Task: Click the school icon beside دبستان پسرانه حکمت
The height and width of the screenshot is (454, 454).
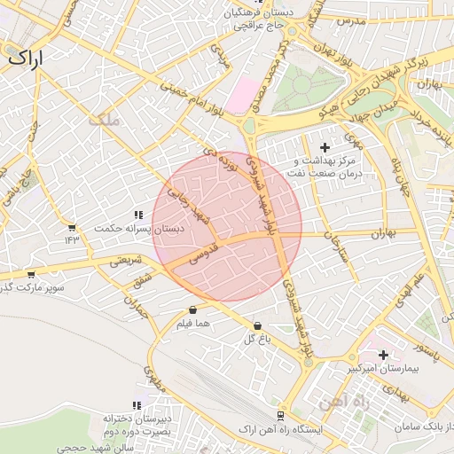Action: [138, 215]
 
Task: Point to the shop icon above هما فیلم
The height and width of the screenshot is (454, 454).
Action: [192, 310]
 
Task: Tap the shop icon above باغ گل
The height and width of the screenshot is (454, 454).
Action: [257, 326]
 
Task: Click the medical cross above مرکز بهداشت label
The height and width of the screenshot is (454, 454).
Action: [325, 146]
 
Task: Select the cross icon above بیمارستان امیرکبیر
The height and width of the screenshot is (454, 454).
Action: [383, 355]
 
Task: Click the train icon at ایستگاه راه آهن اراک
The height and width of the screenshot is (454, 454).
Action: [281, 415]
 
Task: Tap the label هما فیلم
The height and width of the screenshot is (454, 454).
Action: [193, 325]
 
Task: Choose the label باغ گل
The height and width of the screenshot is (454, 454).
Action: [257, 340]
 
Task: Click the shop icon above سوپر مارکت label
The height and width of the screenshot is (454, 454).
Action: [32, 275]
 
